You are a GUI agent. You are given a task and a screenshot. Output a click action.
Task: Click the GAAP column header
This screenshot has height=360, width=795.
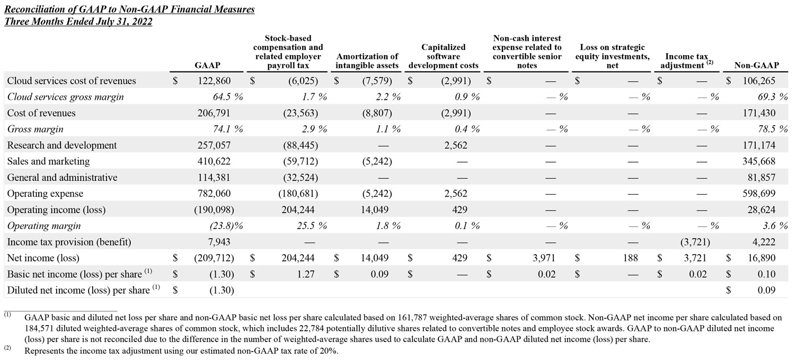(x=207, y=65)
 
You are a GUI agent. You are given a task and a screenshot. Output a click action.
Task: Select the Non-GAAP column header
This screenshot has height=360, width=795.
(x=756, y=65)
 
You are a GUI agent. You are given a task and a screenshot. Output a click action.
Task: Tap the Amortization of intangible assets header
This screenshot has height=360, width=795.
(x=367, y=61)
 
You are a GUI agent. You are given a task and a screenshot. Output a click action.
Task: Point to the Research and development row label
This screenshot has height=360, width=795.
(x=62, y=145)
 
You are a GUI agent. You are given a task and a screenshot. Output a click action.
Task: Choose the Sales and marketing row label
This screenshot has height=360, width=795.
(x=49, y=161)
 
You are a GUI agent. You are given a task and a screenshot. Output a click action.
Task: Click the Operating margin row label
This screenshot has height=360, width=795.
(x=44, y=226)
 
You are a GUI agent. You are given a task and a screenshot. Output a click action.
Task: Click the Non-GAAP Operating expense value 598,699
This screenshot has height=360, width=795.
(x=761, y=194)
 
